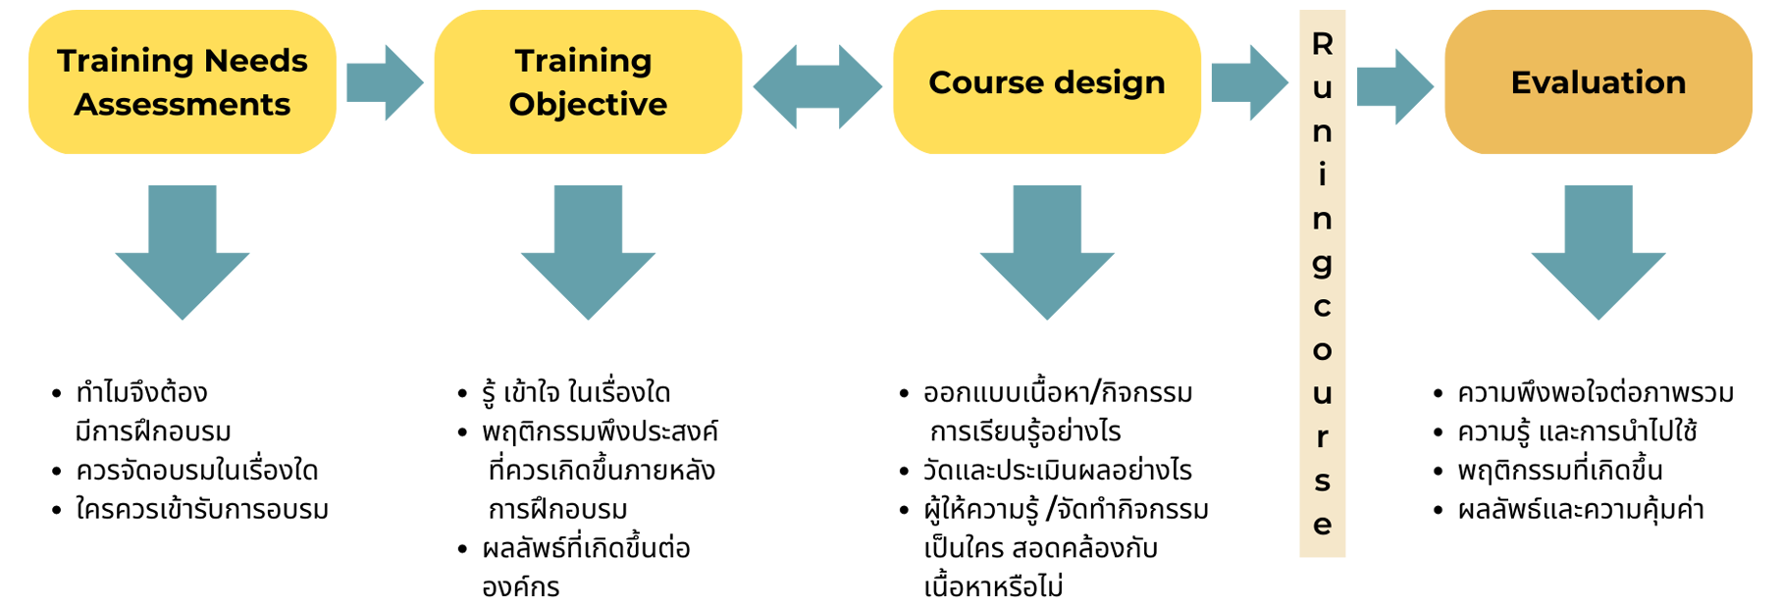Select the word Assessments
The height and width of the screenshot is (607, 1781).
[x=183, y=105]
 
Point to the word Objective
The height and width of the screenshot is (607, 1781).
[x=588, y=105]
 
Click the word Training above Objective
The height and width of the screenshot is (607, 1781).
[x=584, y=62]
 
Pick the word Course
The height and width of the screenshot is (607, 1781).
[x=985, y=83]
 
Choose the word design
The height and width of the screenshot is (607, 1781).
[x=1110, y=83]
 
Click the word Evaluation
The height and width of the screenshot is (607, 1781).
[x=1598, y=83]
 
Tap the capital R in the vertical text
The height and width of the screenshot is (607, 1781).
[x=1323, y=45]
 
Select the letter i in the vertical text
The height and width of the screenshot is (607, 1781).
[x=1323, y=176]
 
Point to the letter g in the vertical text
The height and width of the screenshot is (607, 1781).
[x=1323, y=264]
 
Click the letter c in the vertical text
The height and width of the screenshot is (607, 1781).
[x=1323, y=307]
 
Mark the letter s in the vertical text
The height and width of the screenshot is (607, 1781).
[x=1323, y=481]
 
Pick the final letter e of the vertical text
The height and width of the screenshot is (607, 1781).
[x=1323, y=526]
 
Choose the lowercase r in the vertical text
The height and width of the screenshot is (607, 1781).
[x=1323, y=437]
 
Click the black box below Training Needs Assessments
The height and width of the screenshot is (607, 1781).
[x=190, y=448]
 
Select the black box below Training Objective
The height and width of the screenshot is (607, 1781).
[x=588, y=484]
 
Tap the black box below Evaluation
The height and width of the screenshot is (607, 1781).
[x=1595, y=452]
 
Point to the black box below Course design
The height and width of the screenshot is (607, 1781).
[x=991, y=484]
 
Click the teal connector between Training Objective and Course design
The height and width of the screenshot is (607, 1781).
[x=817, y=88]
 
